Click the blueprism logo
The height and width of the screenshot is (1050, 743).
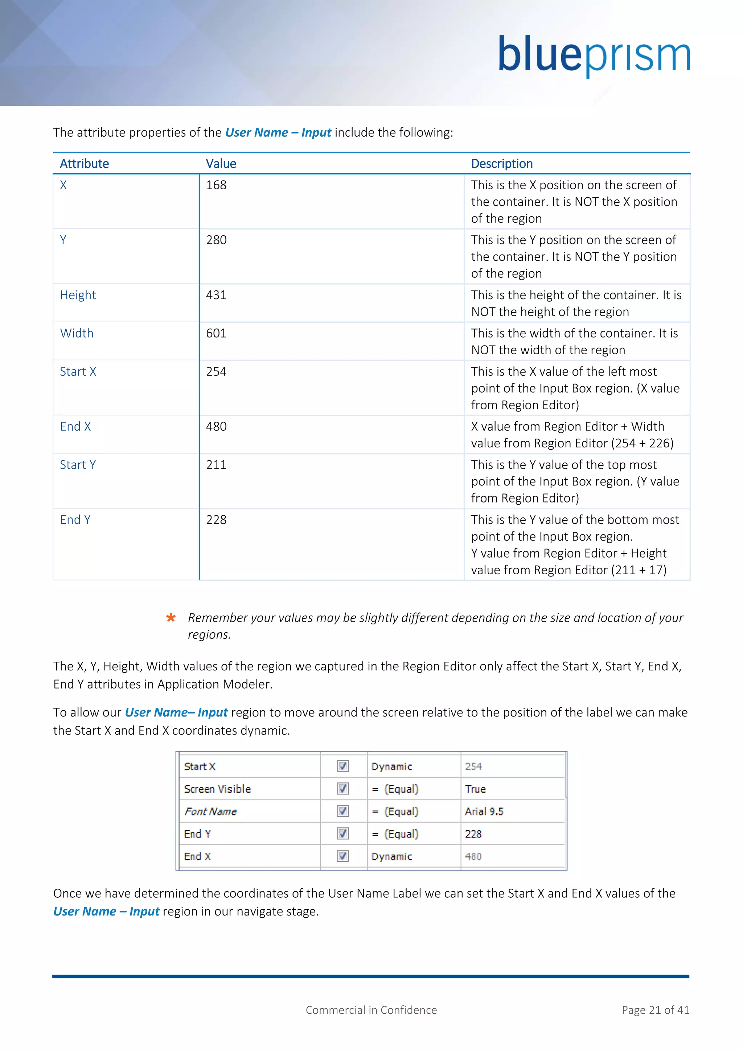tap(594, 55)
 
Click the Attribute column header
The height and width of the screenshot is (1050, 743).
tap(84, 164)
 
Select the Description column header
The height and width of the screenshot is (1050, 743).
tap(501, 164)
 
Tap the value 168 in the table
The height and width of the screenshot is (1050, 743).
tap(216, 185)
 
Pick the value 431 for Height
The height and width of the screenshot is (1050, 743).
tap(216, 295)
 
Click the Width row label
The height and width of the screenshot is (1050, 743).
tap(77, 334)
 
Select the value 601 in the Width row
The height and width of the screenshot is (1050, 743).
tap(216, 334)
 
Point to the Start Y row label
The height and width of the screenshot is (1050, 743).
tap(78, 465)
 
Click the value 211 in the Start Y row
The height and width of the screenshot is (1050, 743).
tap(216, 465)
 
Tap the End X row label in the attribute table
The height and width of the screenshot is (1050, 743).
tap(75, 427)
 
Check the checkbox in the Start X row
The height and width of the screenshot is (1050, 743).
tap(343, 766)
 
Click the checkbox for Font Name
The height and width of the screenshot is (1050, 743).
tap(343, 811)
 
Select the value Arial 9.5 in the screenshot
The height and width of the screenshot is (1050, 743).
tap(484, 812)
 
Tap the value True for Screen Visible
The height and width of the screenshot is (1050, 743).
tap(475, 789)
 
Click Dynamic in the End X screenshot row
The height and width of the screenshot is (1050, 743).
tap(391, 856)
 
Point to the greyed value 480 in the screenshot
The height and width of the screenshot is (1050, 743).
tap(473, 856)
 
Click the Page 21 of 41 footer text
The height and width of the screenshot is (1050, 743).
tap(655, 1010)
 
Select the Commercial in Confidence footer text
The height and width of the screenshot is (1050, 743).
tap(371, 1010)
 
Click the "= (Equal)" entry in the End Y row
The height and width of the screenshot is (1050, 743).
tap(395, 834)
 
